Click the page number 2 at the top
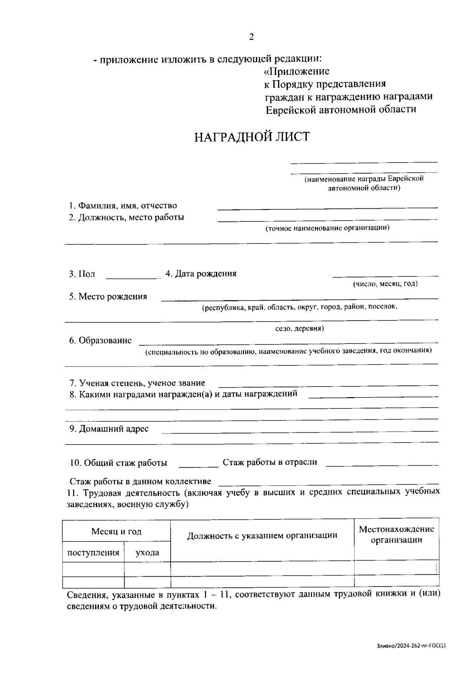(251, 37)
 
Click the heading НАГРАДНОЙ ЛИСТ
(252, 137)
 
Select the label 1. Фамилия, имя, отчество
(123, 206)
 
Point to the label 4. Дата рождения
(201, 274)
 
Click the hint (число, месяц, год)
(385, 284)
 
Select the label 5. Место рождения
(108, 297)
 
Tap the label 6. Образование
(100, 341)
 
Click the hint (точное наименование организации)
(327, 228)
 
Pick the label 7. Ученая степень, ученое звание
(137, 383)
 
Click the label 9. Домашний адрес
(109, 429)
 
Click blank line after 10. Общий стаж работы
(199, 465)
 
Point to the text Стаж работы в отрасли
(270, 462)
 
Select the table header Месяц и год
(116, 531)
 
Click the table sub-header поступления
(93, 553)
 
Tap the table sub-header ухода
(147, 553)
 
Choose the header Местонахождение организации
(396, 534)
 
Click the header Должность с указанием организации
(262, 536)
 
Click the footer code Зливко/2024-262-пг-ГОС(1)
(411, 646)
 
